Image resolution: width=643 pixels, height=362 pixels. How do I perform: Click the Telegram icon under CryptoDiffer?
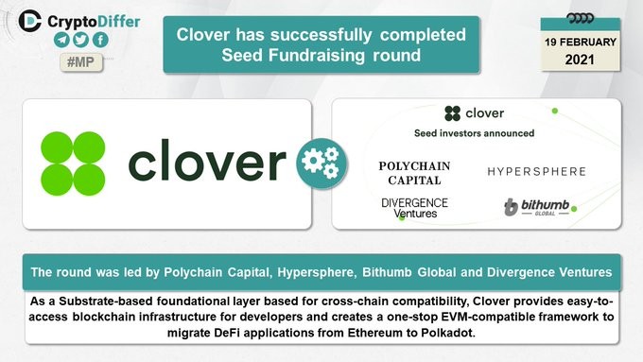(x=61, y=40)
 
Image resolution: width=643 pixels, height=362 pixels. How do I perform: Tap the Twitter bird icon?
(x=80, y=40)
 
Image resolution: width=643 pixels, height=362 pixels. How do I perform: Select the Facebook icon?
(x=100, y=40)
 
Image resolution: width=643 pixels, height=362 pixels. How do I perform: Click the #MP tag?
(x=81, y=62)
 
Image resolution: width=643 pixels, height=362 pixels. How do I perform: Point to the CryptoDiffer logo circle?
(x=30, y=21)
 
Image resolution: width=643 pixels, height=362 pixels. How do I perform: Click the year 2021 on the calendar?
(x=580, y=60)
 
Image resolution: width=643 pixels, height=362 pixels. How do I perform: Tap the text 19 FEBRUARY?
(x=581, y=43)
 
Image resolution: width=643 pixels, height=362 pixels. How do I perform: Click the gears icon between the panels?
(x=321, y=164)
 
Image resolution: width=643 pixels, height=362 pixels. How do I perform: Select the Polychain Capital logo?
(x=414, y=173)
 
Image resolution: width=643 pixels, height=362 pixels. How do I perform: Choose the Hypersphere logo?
(x=536, y=171)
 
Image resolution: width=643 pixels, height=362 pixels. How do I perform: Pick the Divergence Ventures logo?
(x=414, y=208)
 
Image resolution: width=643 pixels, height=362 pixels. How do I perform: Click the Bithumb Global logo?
(x=537, y=207)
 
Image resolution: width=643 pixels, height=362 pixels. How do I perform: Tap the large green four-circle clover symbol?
(x=73, y=164)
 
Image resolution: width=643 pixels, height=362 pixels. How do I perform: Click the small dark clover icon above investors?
(x=453, y=113)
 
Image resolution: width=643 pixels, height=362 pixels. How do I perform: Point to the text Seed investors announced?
(x=474, y=133)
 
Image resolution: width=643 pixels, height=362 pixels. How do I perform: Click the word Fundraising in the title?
(x=317, y=56)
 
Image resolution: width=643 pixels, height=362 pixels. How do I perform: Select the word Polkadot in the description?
(x=448, y=333)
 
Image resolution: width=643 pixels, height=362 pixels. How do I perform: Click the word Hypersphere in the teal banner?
(x=317, y=272)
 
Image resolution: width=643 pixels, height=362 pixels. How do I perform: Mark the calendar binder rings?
(x=580, y=18)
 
